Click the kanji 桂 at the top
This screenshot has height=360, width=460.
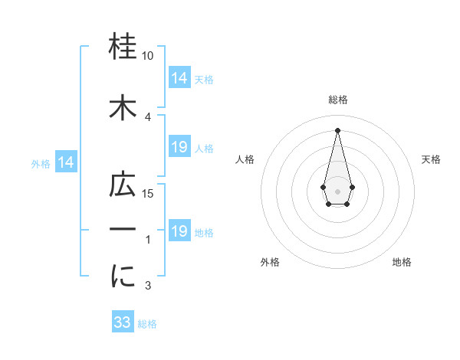[x=123, y=48]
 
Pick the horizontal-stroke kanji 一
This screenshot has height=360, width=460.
[x=123, y=231]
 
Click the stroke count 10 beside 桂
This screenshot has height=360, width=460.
[x=148, y=56]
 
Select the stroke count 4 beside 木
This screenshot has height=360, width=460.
[x=148, y=117]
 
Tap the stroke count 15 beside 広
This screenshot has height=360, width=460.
[x=148, y=194]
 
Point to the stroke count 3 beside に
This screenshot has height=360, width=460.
[x=148, y=286]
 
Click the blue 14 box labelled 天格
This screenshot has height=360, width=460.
[x=179, y=78]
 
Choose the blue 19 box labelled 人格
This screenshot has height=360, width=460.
[x=179, y=147]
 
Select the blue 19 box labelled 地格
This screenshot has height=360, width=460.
[x=179, y=231]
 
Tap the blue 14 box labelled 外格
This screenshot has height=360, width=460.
[x=65, y=162]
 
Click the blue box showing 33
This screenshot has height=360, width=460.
[x=123, y=322]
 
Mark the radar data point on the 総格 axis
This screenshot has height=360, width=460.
[x=337, y=130]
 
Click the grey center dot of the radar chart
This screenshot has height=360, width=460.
[x=337, y=190]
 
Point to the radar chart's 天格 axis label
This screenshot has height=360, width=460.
[x=432, y=159]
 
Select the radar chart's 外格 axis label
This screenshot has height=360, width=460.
[x=271, y=262]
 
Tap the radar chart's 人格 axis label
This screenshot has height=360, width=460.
[x=245, y=159]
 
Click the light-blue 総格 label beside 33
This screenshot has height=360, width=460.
[x=147, y=324]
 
